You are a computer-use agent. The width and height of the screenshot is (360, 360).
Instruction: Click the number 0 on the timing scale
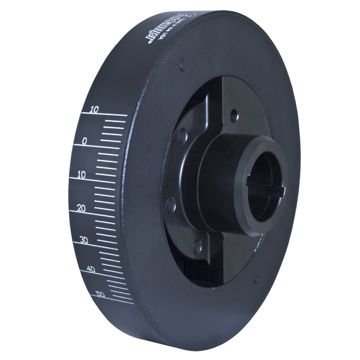[84, 141]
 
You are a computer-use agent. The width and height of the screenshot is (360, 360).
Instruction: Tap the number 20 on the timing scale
[82, 208]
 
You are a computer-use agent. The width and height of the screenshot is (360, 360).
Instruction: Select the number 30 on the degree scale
[84, 240]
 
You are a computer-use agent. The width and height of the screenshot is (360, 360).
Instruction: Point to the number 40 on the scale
[91, 269]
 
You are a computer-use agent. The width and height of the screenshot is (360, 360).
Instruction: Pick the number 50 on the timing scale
[101, 295]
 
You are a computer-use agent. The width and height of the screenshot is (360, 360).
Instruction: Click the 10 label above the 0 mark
[94, 109]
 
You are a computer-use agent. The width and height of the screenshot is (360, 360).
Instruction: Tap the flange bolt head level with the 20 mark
[171, 206]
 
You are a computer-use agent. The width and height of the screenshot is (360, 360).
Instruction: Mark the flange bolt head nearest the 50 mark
[197, 246]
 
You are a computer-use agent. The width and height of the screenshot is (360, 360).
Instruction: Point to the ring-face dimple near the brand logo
[183, 65]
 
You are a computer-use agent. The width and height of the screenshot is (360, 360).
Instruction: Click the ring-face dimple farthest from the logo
[257, 280]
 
